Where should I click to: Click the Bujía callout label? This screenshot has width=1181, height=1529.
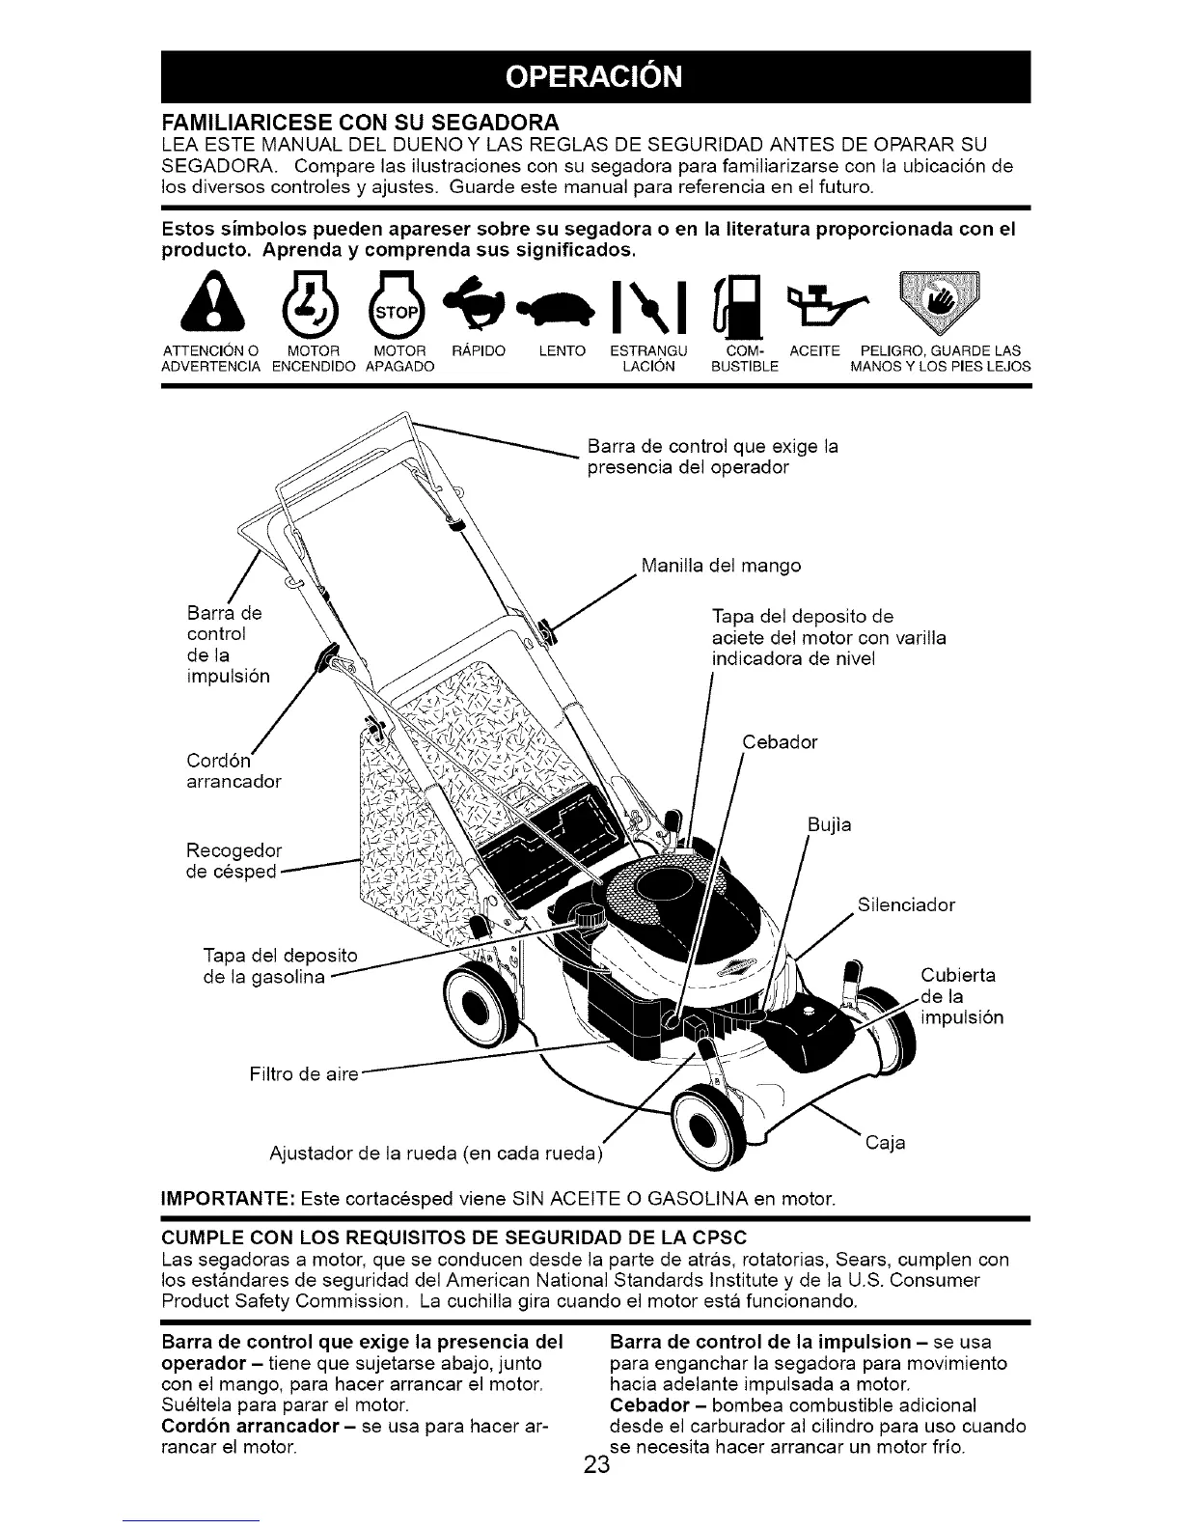[829, 826]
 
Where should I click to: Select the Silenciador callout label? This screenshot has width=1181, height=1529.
[906, 904]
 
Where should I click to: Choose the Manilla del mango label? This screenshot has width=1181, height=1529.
[720, 565]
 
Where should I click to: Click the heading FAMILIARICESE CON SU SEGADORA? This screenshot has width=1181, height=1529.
[359, 124]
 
